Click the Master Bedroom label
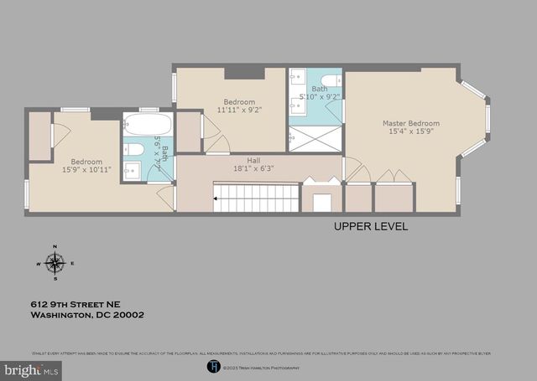pyautogui.click(x=410, y=123)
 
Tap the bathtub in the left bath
pyautogui.click(x=148, y=126)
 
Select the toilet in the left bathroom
pyautogui.click(x=133, y=150)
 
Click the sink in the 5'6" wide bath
pyautogui.click(x=132, y=170)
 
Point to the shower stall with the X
pyautogui.click(x=315, y=137)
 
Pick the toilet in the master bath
pyautogui.click(x=331, y=80)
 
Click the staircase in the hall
pyautogui.click(x=257, y=198)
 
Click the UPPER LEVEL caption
pyautogui.click(x=371, y=226)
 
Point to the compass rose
pyautogui.click(x=55, y=263)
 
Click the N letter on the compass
pyautogui.click(x=55, y=246)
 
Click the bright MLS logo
pyautogui.click(x=32, y=368)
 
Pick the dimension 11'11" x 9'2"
pyautogui.click(x=239, y=109)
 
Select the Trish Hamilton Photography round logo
pyautogui.click(x=213, y=366)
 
